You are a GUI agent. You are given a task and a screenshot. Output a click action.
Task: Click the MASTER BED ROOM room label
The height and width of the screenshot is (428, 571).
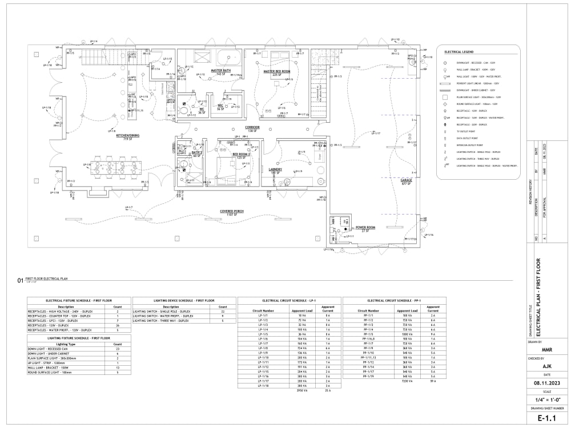click(x=276, y=72)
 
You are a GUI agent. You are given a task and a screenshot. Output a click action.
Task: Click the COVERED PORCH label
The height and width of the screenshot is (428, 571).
click(x=232, y=211)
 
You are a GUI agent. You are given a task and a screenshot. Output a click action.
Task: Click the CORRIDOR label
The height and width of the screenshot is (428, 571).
click(x=252, y=128)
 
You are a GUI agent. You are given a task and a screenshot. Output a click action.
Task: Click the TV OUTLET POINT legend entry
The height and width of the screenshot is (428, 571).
click(x=466, y=131)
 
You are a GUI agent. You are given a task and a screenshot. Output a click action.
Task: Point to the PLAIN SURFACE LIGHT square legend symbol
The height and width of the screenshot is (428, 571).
click(x=444, y=97)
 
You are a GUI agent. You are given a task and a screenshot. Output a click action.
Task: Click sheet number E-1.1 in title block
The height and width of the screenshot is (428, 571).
click(x=547, y=418)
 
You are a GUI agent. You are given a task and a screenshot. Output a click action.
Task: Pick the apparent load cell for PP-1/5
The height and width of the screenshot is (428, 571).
click(x=407, y=334)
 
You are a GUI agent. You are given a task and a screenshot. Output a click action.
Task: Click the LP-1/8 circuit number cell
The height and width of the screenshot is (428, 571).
click(x=264, y=348)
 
